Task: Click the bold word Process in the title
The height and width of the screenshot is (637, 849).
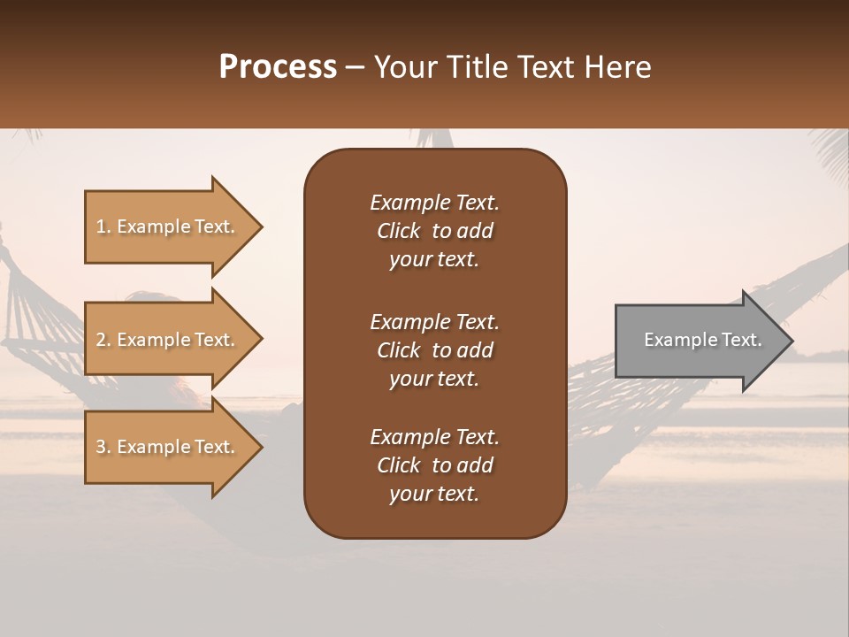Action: (278, 67)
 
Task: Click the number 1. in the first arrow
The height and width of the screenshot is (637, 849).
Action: (103, 226)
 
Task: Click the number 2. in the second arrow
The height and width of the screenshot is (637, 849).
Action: (103, 340)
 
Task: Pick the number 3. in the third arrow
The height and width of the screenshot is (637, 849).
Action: (103, 447)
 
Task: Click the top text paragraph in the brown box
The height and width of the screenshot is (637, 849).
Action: (434, 231)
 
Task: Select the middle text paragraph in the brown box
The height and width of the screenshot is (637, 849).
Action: (434, 350)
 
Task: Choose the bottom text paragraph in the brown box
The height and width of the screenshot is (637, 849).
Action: (434, 465)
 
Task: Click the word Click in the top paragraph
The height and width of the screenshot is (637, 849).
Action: (398, 231)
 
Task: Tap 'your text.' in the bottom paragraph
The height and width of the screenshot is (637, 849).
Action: (434, 494)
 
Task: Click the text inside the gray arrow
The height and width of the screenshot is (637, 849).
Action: (702, 340)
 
